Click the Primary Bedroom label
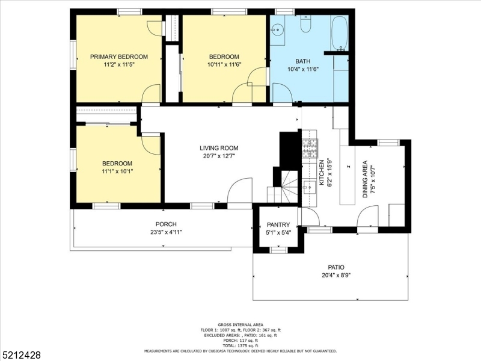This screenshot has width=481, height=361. (x=118, y=57)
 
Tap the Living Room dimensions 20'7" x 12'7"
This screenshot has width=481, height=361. (x=219, y=156)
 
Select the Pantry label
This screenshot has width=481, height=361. (x=278, y=224)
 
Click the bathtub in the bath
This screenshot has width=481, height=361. (x=340, y=33)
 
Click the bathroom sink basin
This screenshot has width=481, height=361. (x=278, y=29)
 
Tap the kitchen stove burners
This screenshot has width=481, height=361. (x=310, y=149)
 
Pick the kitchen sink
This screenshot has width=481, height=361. (x=309, y=187)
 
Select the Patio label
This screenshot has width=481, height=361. (x=336, y=267)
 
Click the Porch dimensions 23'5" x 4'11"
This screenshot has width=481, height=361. (x=166, y=232)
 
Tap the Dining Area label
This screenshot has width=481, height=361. (x=365, y=179)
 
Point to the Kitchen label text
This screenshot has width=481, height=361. (x=322, y=172)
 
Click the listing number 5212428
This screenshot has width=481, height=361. (x=20, y=355)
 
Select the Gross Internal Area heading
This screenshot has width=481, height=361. (x=240, y=324)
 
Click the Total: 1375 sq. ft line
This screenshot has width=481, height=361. (x=240, y=345)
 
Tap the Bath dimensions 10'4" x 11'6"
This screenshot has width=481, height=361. (x=303, y=69)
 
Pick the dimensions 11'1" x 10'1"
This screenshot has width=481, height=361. (x=117, y=171)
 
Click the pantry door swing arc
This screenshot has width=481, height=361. (x=312, y=215)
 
